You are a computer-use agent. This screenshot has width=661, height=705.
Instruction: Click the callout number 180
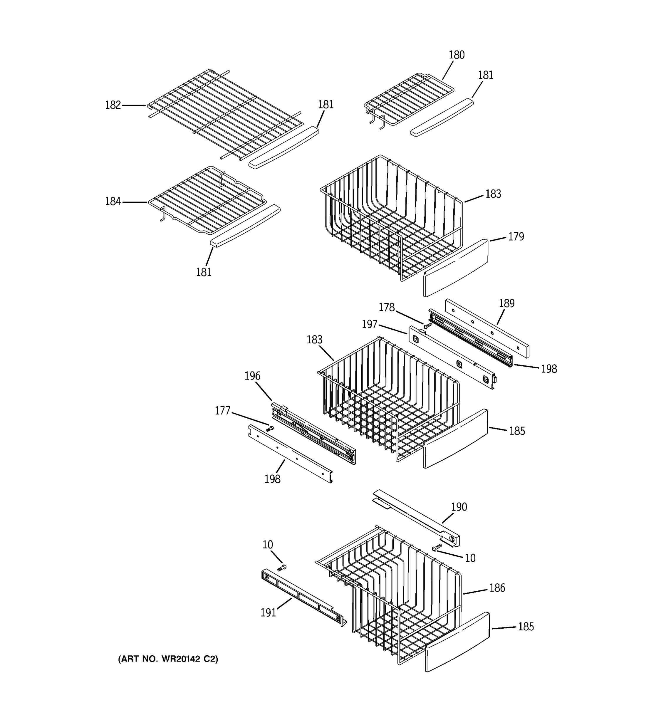point(457,55)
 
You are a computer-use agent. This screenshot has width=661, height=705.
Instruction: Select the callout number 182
point(113,105)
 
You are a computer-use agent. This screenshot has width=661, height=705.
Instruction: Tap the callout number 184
point(113,202)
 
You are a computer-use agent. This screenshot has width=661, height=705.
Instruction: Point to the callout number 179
point(516,236)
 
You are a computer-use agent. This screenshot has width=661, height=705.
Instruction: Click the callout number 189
point(506,303)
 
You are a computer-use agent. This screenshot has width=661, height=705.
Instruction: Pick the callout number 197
point(369,324)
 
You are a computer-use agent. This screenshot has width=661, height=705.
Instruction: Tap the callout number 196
point(252,376)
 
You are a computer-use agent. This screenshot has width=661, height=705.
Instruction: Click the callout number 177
point(222,411)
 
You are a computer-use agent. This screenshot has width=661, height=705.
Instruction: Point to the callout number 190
point(459,507)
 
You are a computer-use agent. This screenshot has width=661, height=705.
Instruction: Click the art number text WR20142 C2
point(168,659)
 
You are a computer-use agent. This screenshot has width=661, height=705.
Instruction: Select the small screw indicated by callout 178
point(428,325)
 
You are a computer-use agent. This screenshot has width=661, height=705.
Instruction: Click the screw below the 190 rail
point(437,548)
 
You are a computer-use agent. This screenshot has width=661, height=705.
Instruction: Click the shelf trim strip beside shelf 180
point(442,117)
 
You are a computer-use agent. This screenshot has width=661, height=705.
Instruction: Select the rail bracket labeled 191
point(303,597)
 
